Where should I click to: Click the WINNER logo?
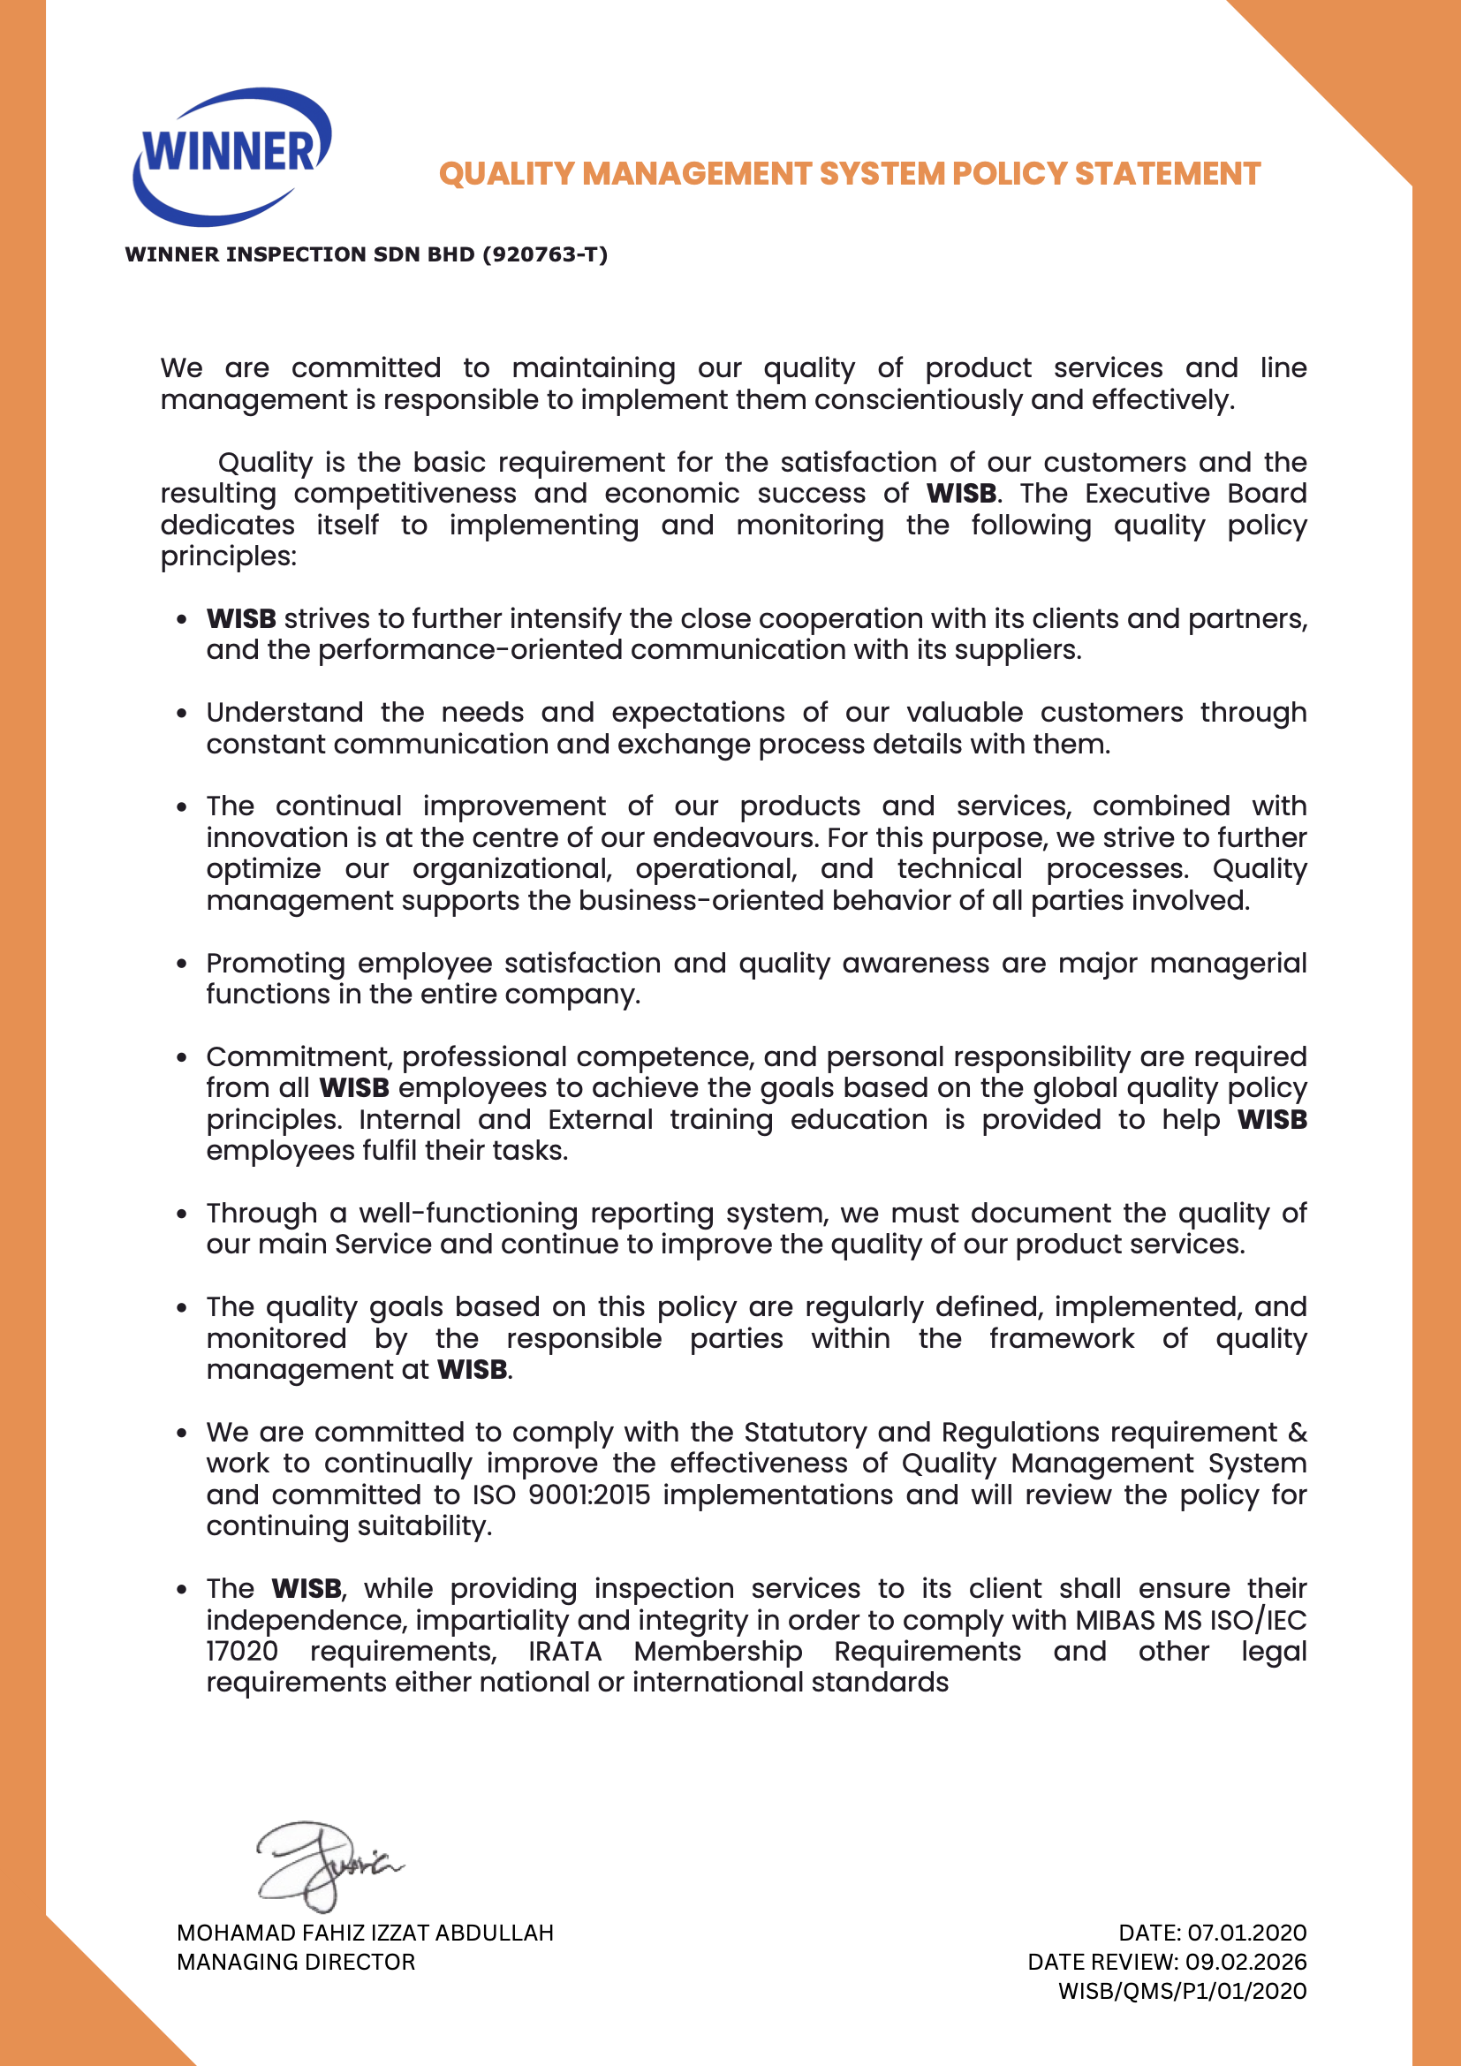pyautogui.click(x=232, y=155)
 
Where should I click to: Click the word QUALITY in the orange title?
pyautogui.click(x=505, y=174)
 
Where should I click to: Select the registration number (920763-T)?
pyautogui.click(x=545, y=254)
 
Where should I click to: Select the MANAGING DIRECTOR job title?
pyautogui.click(x=296, y=1962)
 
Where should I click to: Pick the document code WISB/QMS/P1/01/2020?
pyautogui.click(x=1182, y=1990)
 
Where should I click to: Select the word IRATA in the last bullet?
pyautogui.click(x=565, y=1651)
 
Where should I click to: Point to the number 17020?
pyautogui.click(x=242, y=1651)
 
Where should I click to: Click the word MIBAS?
pyautogui.click(x=1115, y=1620)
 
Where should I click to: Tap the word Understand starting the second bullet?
pyautogui.click(x=284, y=713)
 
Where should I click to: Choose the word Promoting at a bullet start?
pyautogui.click(x=276, y=963)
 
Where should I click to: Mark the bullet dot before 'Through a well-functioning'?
pyautogui.click(x=182, y=1214)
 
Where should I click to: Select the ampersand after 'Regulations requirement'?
pyautogui.click(x=1298, y=1432)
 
